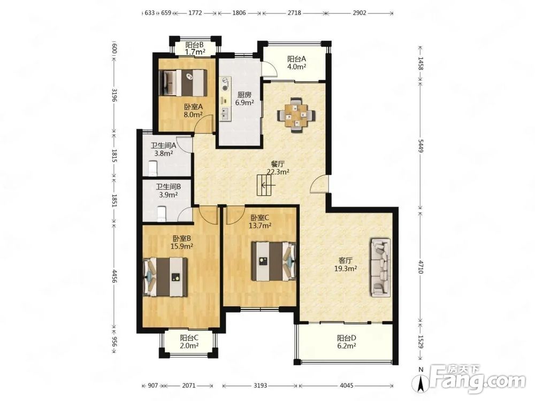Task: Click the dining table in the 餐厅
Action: click(x=296, y=115)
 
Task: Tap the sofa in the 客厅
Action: click(x=381, y=267)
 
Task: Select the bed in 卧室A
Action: click(x=184, y=83)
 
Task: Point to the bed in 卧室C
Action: click(x=273, y=261)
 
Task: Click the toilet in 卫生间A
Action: click(x=152, y=168)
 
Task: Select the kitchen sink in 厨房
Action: click(x=225, y=114)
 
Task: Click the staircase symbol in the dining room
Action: click(x=265, y=185)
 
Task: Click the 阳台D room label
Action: click(x=347, y=338)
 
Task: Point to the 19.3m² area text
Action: click(x=345, y=268)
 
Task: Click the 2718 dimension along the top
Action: click(x=294, y=13)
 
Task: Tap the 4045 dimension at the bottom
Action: click(x=347, y=385)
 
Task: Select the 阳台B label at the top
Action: click(x=195, y=45)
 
